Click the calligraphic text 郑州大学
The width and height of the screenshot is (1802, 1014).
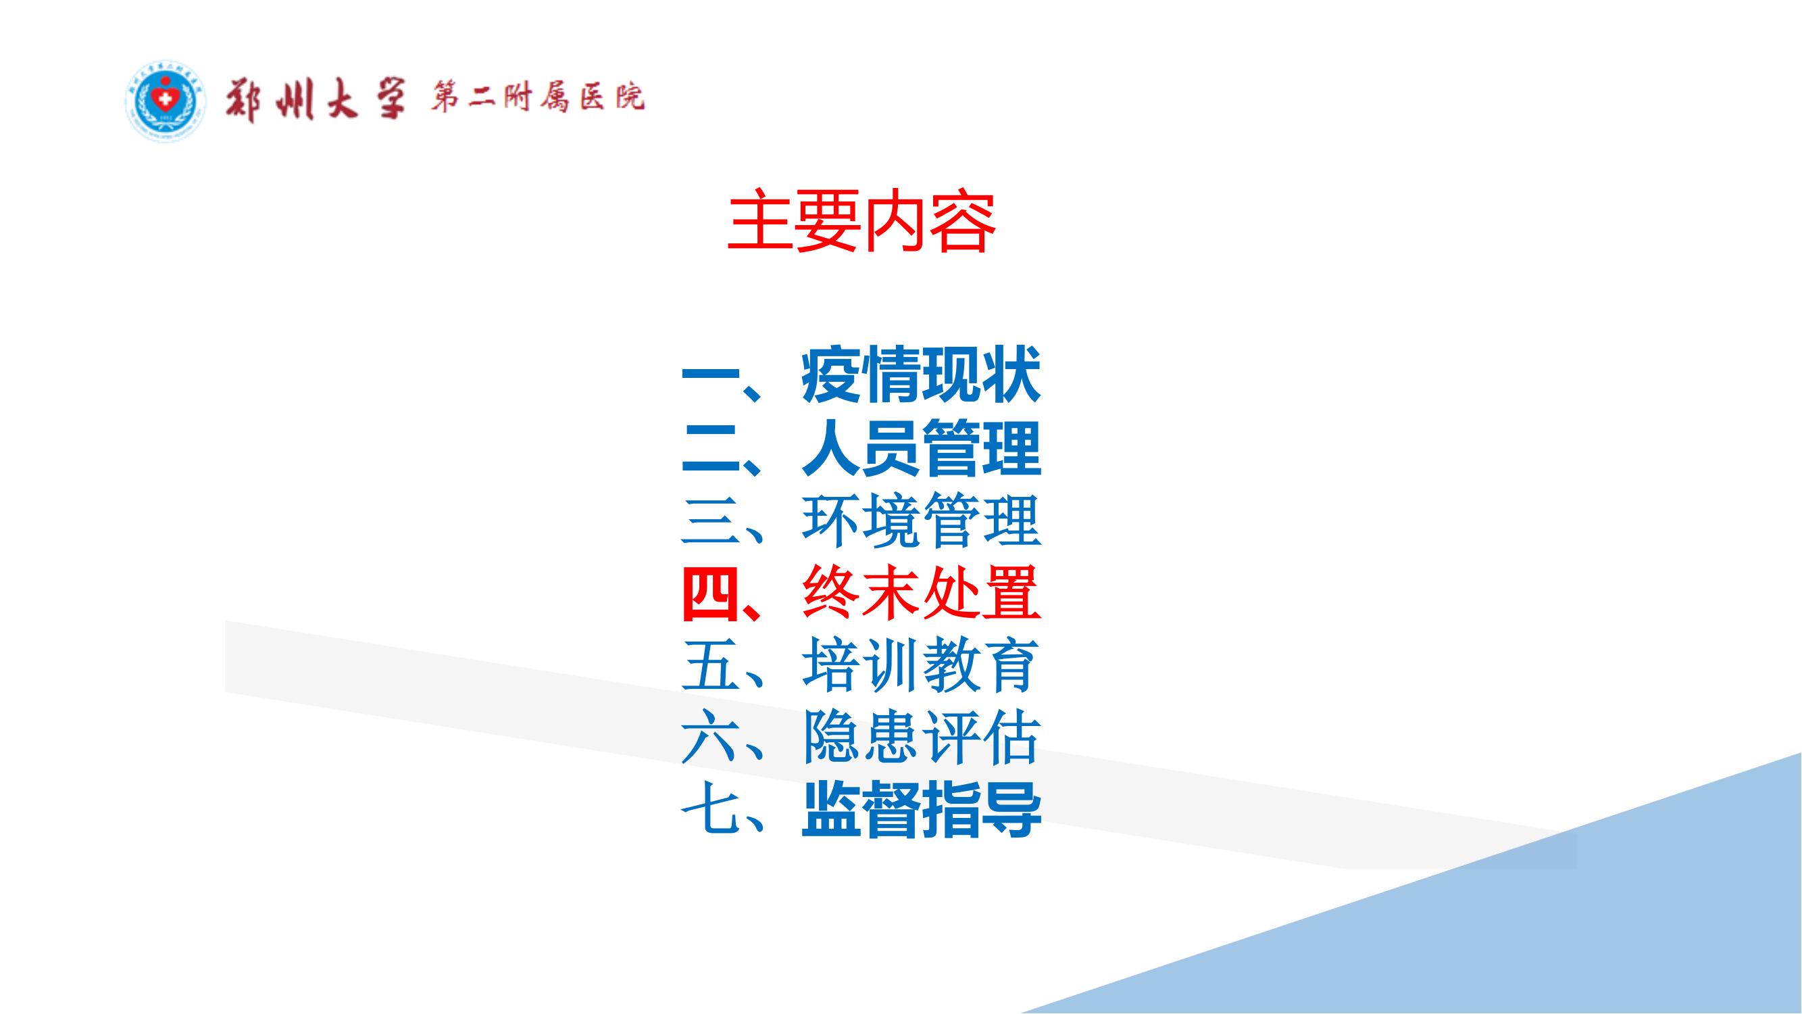315,99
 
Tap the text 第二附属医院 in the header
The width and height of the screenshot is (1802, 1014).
537,98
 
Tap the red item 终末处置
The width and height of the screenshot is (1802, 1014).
920,594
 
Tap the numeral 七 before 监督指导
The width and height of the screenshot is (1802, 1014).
711,812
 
